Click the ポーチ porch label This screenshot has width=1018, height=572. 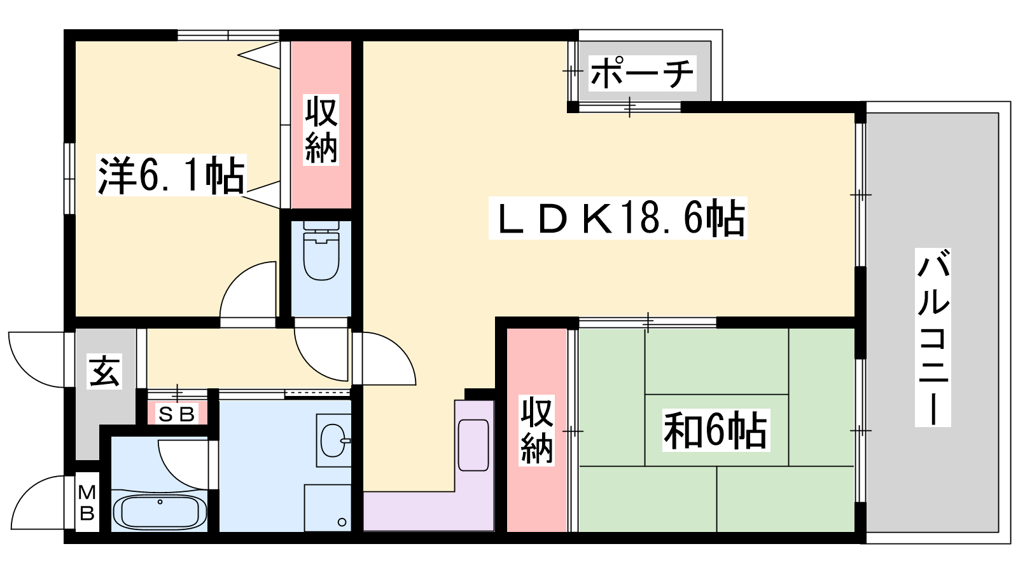point(642,73)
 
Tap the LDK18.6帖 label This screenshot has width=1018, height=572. point(618,218)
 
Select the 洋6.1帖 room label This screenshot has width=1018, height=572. point(171,175)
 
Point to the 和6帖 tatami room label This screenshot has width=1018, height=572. point(716,430)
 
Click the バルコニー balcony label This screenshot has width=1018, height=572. point(933,337)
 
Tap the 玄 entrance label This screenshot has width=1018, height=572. point(105,372)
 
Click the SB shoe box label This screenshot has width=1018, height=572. point(177,414)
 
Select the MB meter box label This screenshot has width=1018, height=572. point(87,503)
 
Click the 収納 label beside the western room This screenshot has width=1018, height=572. point(321,130)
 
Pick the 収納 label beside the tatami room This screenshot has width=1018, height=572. point(537,431)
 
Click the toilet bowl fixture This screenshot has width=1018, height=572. point(321,251)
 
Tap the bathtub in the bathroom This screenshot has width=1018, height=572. point(159,512)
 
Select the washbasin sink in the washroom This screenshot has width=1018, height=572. point(335,440)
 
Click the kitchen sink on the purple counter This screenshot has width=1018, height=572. point(473,445)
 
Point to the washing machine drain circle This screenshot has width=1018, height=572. point(342,522)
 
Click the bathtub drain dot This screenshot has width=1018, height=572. point(160,502)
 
